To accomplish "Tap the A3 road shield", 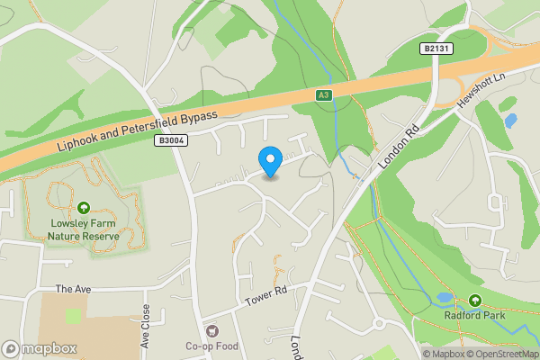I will pos(323,94).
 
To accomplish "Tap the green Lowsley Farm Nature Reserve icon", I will pos(84,209).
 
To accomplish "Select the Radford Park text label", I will pos(474,316).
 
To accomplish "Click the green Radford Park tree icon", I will pos(474,301).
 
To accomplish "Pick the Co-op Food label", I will pos(211,346).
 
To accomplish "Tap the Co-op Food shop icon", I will pos(211,330).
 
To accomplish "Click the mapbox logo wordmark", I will pos(41,348).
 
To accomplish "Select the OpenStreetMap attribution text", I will pos(503,354).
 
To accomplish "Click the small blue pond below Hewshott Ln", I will pos(510,120).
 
